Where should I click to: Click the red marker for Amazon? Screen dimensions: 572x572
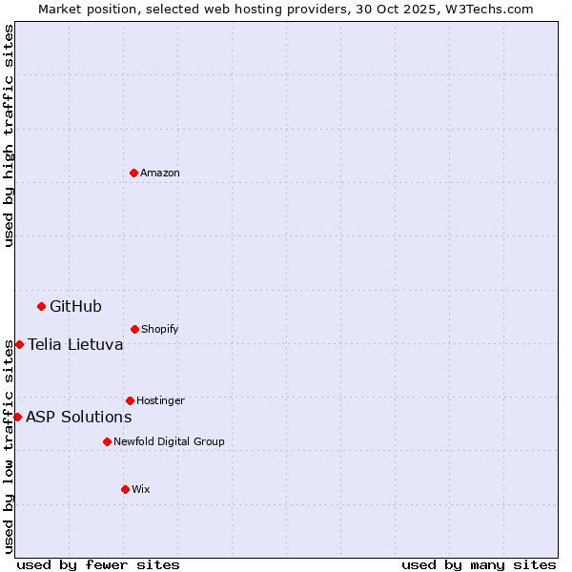[133, 173]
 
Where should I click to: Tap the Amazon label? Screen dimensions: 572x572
[160, 173]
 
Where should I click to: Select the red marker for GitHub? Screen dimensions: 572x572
[41, 306]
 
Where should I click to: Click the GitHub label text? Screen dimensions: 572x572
[75, 306]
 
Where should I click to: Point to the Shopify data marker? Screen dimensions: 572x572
[134, 329]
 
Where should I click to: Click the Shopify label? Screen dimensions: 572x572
[160, 329]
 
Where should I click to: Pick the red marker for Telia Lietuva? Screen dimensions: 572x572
[19, 344]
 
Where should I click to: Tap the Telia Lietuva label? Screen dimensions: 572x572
[75, 344]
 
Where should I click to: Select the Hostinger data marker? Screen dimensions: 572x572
[130, 400]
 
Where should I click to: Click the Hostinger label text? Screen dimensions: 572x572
[160, 400]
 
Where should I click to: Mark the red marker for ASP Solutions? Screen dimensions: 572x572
[17, 417]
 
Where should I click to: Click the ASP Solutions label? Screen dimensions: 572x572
[78, 417]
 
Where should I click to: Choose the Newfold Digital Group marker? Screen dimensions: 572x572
[107, 441]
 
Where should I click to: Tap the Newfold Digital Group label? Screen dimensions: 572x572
[169, 441]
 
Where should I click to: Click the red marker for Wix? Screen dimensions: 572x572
[125, 489]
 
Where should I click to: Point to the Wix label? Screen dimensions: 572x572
[141, 489]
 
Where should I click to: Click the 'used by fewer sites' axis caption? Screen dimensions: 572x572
[98, 564]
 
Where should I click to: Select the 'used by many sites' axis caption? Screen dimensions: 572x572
[479, 564]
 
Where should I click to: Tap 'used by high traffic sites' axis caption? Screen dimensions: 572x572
[9, 135]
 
